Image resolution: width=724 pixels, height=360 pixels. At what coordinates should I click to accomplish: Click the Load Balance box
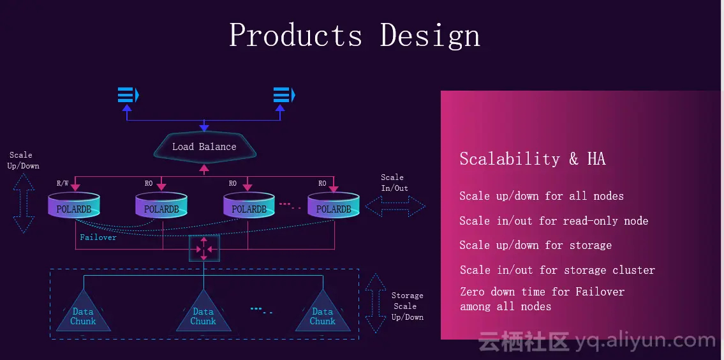tap(204, 147)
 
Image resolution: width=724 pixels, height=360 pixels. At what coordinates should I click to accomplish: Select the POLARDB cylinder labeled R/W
tap(74, 206)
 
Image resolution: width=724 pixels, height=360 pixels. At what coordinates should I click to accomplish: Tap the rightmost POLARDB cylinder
tap(334, 206)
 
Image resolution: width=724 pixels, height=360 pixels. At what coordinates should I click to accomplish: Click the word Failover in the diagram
tap(98, 237)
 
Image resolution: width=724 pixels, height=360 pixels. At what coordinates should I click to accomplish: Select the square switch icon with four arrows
tap(204, 248)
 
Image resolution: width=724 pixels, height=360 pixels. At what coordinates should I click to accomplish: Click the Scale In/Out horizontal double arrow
tap(395, 206)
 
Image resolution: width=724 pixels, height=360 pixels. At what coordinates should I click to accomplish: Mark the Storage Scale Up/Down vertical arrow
tap(376, 303)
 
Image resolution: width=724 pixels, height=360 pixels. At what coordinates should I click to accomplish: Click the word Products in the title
tap(295, 34)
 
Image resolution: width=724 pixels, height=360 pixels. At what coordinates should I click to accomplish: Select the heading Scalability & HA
tap(532, 159)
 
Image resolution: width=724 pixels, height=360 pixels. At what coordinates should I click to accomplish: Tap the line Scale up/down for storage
tap(535, 245)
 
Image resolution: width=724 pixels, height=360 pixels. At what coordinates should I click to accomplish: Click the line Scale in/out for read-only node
tap(554, 221)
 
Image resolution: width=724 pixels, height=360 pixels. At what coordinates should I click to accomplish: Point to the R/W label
tap(63, 184)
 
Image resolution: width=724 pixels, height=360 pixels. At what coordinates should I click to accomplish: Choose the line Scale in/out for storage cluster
tap(557, 270)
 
